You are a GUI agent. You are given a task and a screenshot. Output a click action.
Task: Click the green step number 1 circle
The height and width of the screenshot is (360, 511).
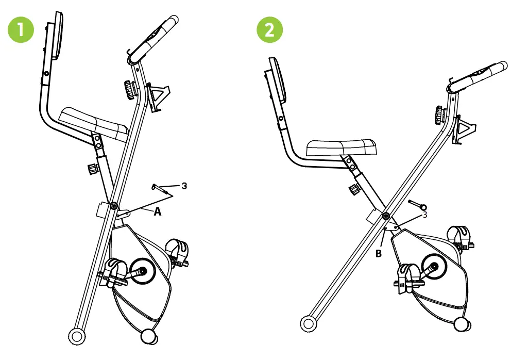(21, 30)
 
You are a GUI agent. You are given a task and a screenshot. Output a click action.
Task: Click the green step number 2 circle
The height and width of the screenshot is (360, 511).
(269, 30)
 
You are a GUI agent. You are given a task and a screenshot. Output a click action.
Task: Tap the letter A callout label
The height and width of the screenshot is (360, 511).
(158, 211)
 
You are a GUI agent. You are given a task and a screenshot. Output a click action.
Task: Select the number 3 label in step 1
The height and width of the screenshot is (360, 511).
(184, 186)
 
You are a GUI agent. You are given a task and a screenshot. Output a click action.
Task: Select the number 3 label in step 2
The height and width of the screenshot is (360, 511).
(424, 215)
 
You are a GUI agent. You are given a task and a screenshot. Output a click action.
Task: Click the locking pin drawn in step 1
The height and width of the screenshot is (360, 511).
(162, 189)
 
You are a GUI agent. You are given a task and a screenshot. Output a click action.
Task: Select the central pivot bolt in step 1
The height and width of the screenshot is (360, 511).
(112, 206)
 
